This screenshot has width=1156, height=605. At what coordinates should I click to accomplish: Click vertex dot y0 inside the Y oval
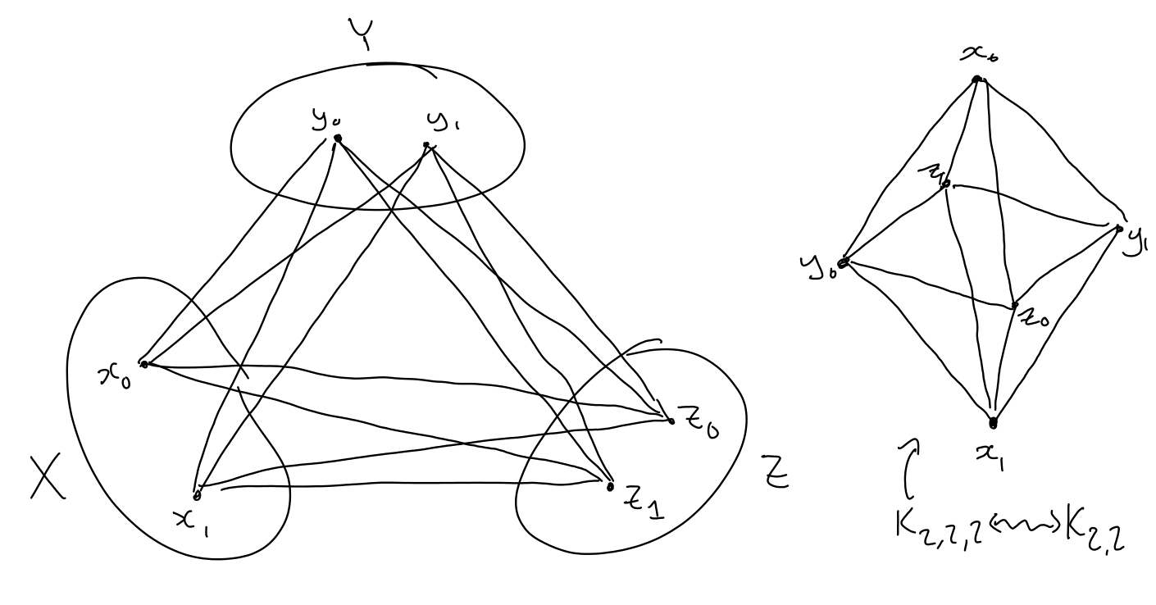(x=337, y=138)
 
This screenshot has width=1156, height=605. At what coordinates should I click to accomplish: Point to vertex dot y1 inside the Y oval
(x=426, y=145)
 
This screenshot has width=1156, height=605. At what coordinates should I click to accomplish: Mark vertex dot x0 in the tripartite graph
(x=144, y=363)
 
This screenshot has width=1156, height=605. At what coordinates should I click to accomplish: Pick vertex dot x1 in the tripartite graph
(x=197, y=495)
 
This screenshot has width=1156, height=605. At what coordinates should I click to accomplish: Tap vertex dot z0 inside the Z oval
(x=671, y=421)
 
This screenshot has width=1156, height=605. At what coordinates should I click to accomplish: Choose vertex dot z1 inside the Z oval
(x=609, y=486)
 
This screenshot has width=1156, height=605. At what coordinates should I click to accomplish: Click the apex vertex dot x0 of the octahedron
(x=976, y=80)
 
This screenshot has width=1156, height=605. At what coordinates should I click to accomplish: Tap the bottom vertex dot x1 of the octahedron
(x=993, y=424)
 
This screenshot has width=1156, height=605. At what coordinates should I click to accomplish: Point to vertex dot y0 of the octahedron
(x=844, y=263)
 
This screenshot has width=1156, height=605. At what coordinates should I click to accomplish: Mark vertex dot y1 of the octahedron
(x=1119, y=229)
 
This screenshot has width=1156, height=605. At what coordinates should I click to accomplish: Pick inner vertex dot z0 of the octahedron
(x=1015, y=306)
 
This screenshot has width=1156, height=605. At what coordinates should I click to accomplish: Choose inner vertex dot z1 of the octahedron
(x=946, y=184)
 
